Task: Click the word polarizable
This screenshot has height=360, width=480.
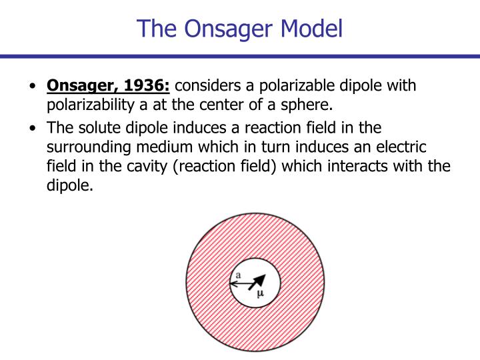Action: [298, 87]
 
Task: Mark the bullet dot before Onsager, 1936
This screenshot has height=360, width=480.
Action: [33, 87]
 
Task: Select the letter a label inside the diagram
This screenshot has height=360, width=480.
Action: [237, 275]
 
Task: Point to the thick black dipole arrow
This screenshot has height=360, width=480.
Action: [257, 282]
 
